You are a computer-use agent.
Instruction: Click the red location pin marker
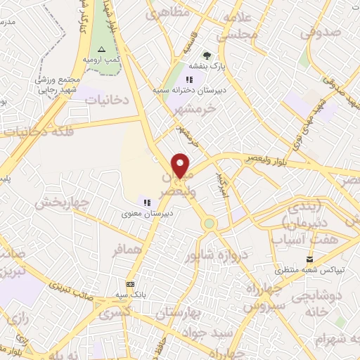[x=181, y=166]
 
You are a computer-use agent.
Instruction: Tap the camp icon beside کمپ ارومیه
[x=101, y=49]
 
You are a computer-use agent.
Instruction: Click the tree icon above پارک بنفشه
[x=207, y=56]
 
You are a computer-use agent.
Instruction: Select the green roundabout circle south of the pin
[x=209, y=224]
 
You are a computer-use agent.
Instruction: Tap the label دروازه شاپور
[x=215, y=255]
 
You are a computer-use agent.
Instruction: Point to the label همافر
[x=132, y=250]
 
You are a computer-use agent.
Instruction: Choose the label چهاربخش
[x=63, y=204]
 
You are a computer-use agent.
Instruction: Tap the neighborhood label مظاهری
[x=167, y=13]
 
